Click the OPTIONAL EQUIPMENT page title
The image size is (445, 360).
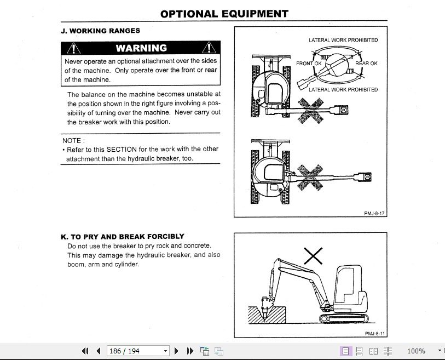click(x=224, y=14)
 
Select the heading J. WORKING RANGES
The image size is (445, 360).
click(x=100, y=31)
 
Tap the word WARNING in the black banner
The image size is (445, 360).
click(x=141, y=48)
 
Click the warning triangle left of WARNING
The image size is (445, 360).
click(x=74, y=49)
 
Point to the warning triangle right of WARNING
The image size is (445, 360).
click(x=209, y=49)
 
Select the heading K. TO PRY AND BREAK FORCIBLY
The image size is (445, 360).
click(x=122, y=237)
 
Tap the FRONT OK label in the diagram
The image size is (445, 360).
click(x=309, y=64)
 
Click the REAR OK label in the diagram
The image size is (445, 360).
click(x=366, y=64)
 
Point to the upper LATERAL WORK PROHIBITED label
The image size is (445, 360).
click(x=343, y=40)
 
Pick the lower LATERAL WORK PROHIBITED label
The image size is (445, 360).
click(x=343, y=89)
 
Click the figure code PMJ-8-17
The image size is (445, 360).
click(x=374, y=214)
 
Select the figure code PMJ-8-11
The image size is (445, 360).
click(x=375, y=333)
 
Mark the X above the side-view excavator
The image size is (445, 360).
click(x=313, y=255)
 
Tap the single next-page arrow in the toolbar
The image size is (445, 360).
click(x=177, y=351)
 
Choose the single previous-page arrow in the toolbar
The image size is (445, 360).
click(x=98, y=351)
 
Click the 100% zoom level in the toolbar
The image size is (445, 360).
click(x=416, y=351)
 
